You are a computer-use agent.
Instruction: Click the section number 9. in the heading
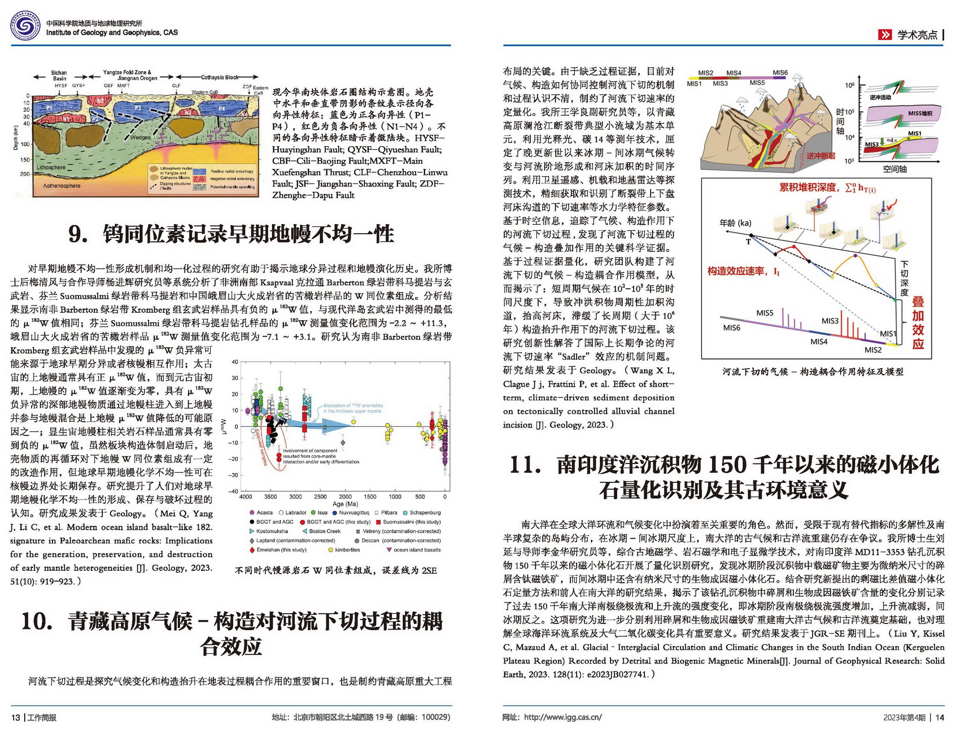click(78, 234)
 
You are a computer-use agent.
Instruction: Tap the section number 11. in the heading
click(525, 465)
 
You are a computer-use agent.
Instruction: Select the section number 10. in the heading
click(37, 621)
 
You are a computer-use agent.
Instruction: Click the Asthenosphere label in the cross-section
click(62, 186)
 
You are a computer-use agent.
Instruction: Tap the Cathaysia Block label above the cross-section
click(220, 77)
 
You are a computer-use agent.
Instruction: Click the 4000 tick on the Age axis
click(246, 497)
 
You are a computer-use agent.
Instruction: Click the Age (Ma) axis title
click(345, 504)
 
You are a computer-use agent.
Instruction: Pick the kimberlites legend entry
click(347, 549)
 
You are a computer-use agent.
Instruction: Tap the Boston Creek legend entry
click(324, 531)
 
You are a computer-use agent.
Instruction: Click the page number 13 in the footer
click(15, 717)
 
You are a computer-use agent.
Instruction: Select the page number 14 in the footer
click(940, 717)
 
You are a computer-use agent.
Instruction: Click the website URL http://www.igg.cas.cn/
click(562, 717)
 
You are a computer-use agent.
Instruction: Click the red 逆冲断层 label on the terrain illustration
click(821, 156)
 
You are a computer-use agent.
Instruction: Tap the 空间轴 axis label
click(894, 169)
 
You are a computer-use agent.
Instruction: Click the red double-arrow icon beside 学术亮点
click(884, 35)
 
